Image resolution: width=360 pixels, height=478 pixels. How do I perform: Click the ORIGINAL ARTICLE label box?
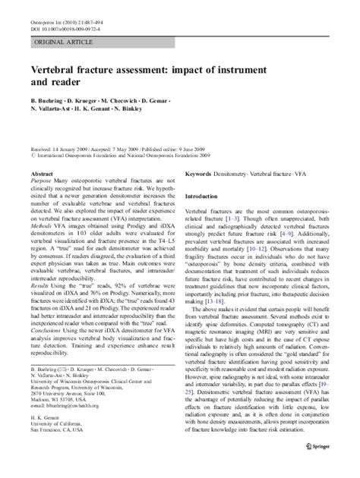tap(65, 43)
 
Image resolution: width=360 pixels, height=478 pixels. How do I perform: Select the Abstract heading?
tap(43, 174)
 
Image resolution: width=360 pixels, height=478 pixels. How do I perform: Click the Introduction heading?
tap(207, 196)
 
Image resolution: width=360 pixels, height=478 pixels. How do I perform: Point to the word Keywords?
tap(199, 174)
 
